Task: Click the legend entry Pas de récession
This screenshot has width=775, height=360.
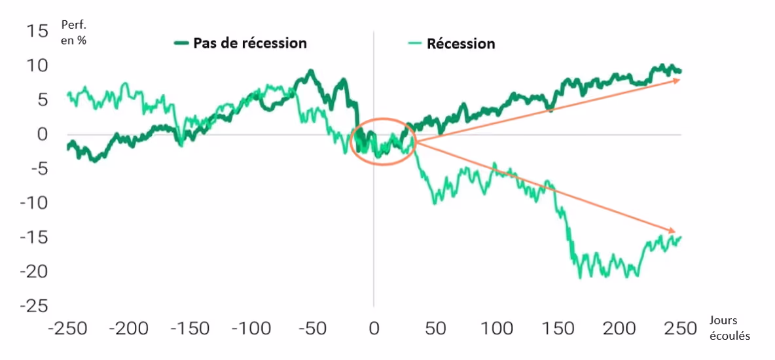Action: pos(249,43)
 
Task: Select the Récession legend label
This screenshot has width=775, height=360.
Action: pos(461,44)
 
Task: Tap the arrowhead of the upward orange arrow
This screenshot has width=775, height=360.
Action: pos(678,80)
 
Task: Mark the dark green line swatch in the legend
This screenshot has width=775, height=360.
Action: pos(181,43)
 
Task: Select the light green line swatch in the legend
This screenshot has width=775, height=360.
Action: pos(414,44)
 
